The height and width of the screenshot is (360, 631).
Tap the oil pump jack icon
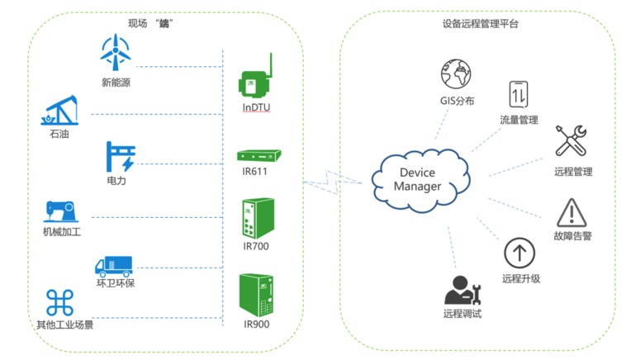coord(59,111)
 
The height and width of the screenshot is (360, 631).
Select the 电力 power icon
coord(121,156)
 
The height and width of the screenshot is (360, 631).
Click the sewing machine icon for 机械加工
coord(60,211)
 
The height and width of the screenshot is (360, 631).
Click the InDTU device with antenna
coord(255,76)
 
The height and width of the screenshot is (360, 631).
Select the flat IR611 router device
coord(259,155)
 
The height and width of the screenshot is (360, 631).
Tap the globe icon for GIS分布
coord(454,73)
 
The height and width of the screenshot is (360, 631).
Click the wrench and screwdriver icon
coord(571,141)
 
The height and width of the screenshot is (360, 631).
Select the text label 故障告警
coord(572,236)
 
